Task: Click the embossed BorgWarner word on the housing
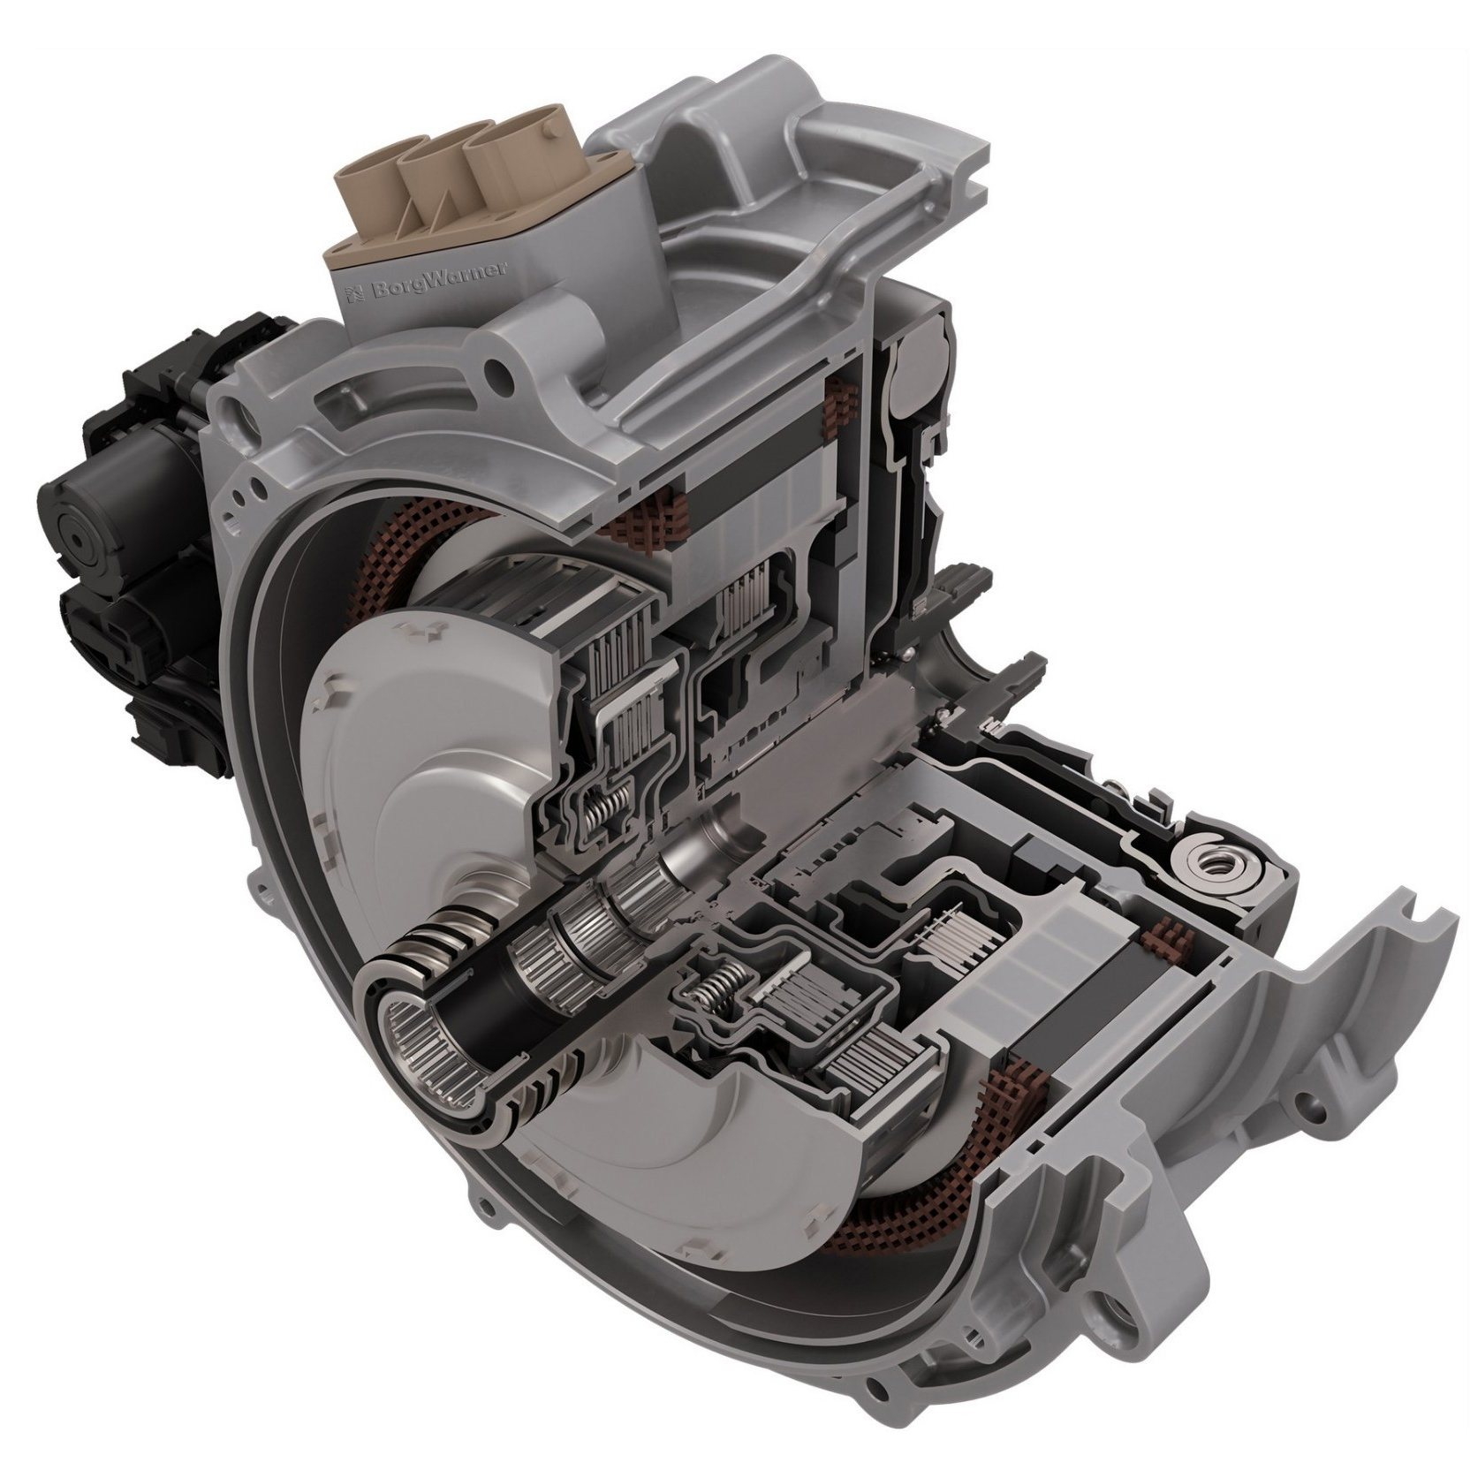pyautogui.click(x=439, y=281)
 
